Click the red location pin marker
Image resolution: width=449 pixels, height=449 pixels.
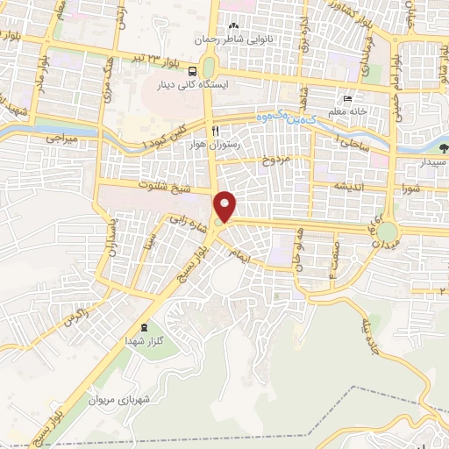click(x=225, y=207)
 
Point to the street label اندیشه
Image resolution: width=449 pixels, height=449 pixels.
click(x=346, y=187)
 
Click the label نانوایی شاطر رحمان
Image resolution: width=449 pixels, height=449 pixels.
click(x=234, y=39)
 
